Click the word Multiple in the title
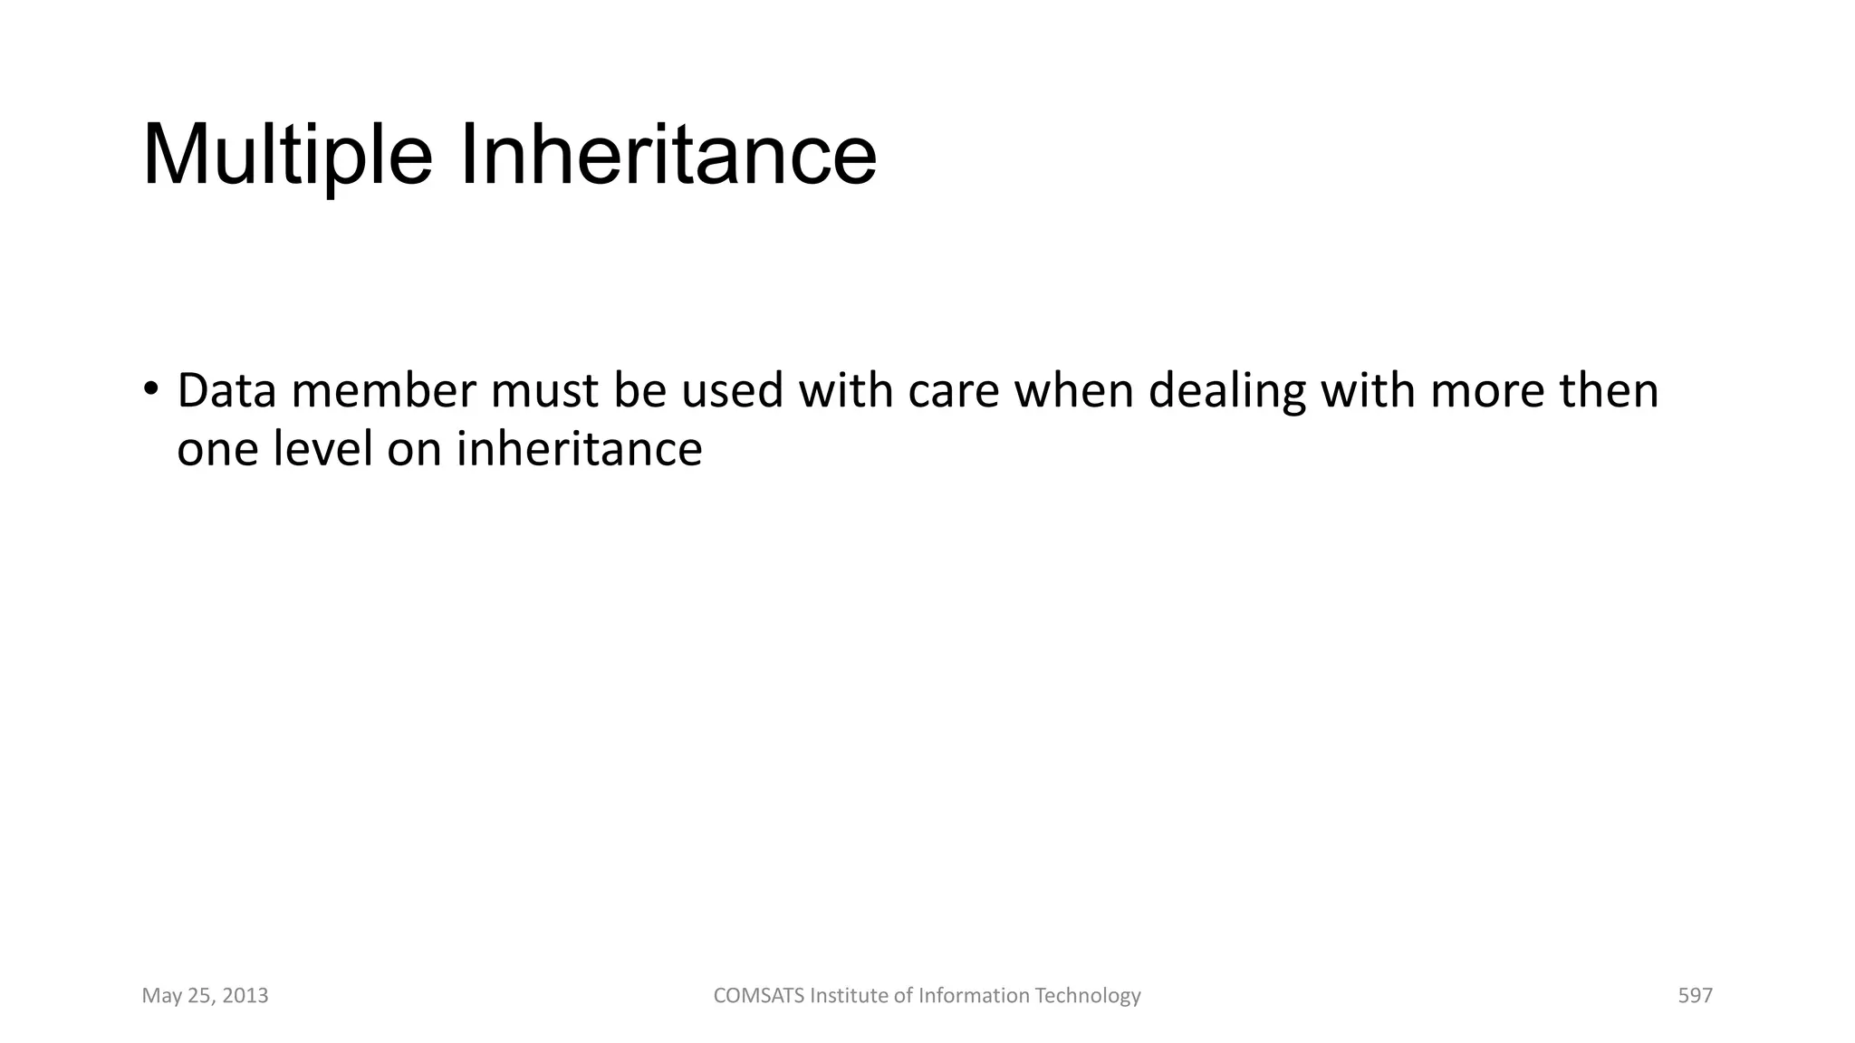pos(287,156)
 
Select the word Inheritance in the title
pos(668,156)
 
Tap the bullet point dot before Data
pos(150,390)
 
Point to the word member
pos(383,391)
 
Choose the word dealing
pos(1227,391)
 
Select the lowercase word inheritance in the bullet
pos(579,449)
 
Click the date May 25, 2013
pos(206,996)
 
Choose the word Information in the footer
pos(974,996)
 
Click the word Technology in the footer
pos(1088,996)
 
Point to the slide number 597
pos(1695,996)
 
